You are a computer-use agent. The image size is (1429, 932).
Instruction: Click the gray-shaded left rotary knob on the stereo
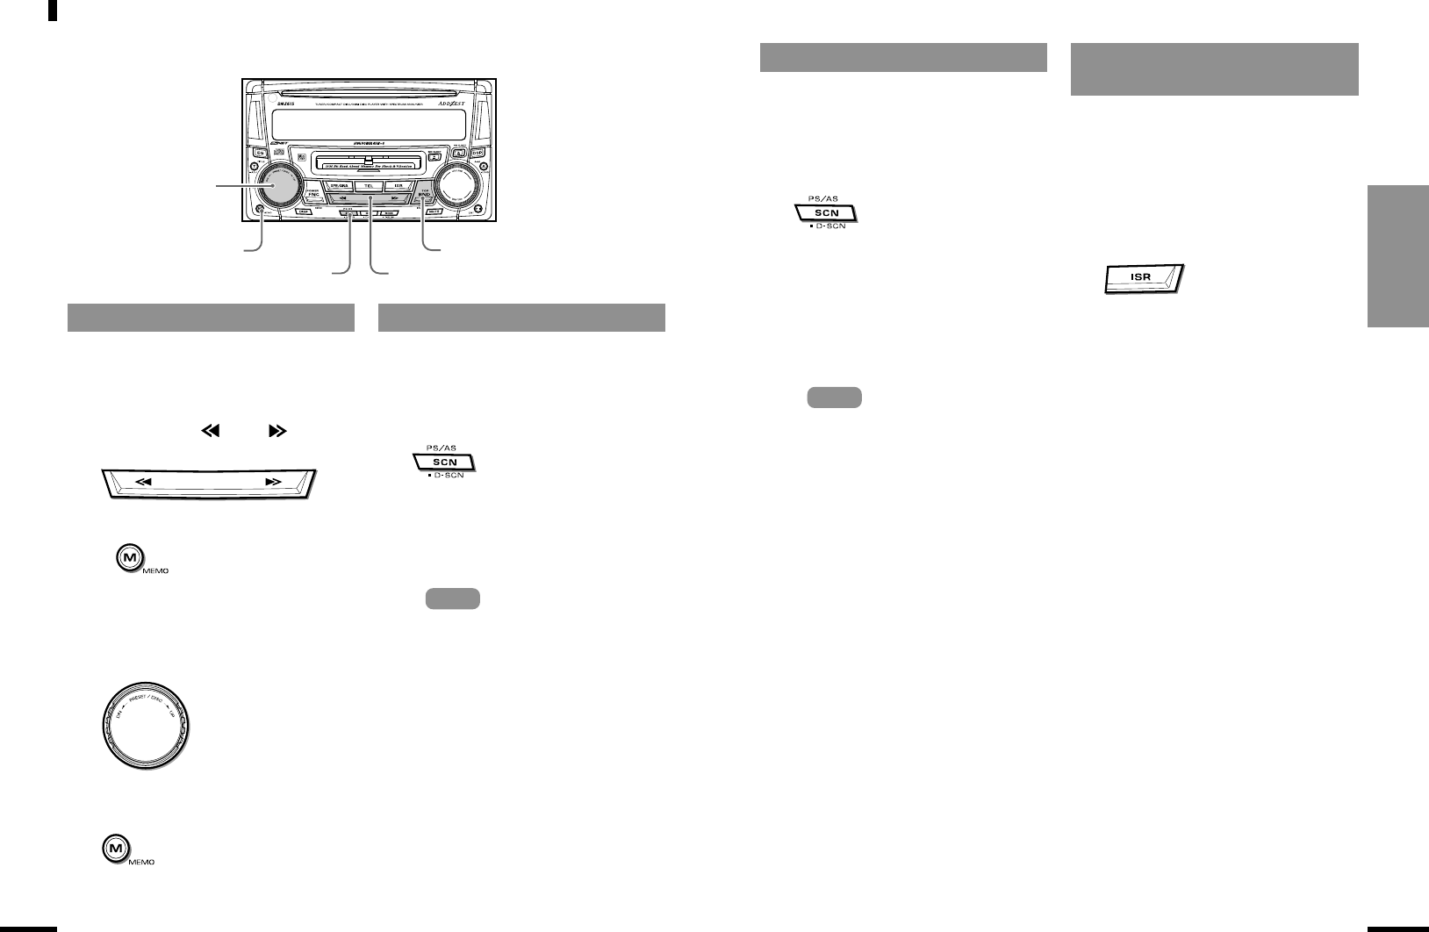(x=280, y=185)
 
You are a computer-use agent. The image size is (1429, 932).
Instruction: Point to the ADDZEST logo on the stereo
(x=454, y=104)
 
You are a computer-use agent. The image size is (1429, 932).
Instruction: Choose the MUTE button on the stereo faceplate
(x=434, y=211)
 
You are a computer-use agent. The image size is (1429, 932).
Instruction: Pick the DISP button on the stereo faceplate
(x=305, y=211)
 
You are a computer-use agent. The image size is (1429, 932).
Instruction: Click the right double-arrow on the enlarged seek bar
(x=273, y=482)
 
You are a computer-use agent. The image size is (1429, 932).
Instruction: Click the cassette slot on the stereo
(x=369, y=164)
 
